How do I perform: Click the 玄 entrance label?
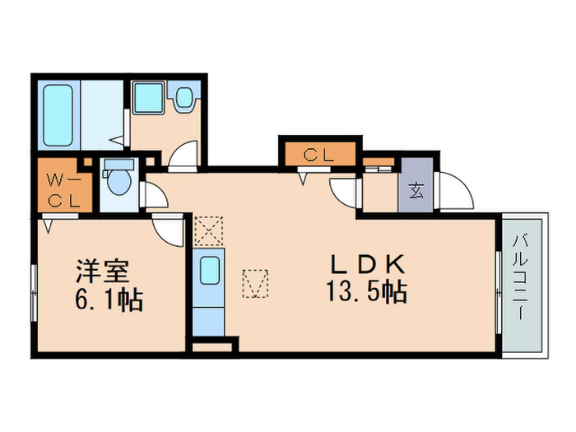click(416, 193)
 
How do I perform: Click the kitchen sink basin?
click(209, 269)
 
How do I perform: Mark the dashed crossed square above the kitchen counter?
click(209, 230)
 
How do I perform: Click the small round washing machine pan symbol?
click(183, 99)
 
